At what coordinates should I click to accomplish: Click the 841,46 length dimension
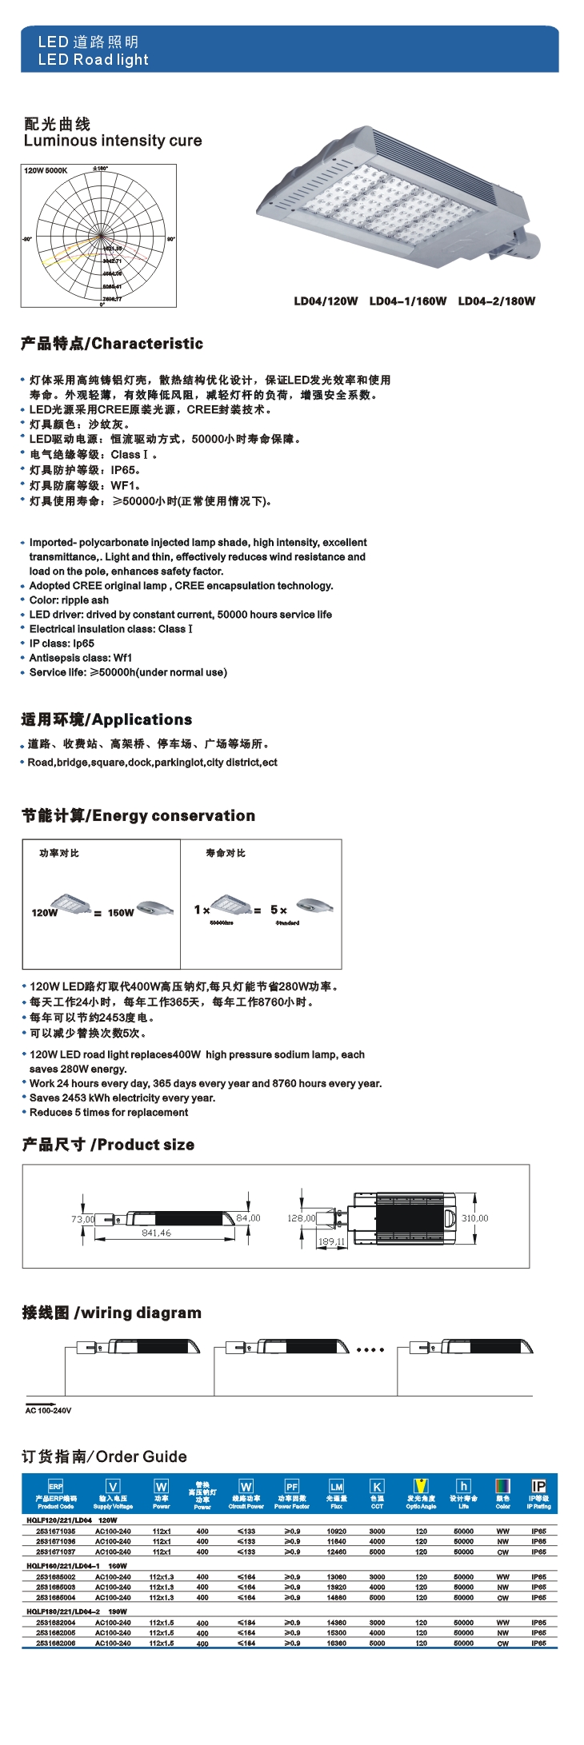click(156, 1233)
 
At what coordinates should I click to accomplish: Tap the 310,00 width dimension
click(474, 1218)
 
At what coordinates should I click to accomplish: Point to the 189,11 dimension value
click(331, 1241)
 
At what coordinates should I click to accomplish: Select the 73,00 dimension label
click(82, 1219)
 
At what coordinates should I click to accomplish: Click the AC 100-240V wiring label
click(48, 1410)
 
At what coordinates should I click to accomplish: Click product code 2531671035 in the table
click(56, 1532)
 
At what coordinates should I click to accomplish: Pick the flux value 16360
click(337, 1643)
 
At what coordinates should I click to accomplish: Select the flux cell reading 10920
click(337, 1532)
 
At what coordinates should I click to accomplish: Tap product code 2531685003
click(56, 1588)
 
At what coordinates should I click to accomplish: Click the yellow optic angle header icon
click(421, 1486)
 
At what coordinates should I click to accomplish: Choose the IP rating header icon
click(538, 1486)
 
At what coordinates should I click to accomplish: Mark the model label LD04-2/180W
click(497, 301)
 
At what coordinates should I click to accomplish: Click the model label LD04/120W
click(326, 301)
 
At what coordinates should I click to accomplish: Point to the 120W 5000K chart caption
click(46, 170)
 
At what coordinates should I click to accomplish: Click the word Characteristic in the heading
click(148, 344)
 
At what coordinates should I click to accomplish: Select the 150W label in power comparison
click(121, 912)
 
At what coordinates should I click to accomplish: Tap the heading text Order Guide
click(142, 1456)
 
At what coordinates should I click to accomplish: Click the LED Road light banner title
click(93, 60)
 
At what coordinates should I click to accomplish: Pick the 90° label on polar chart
click(170, 239)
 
